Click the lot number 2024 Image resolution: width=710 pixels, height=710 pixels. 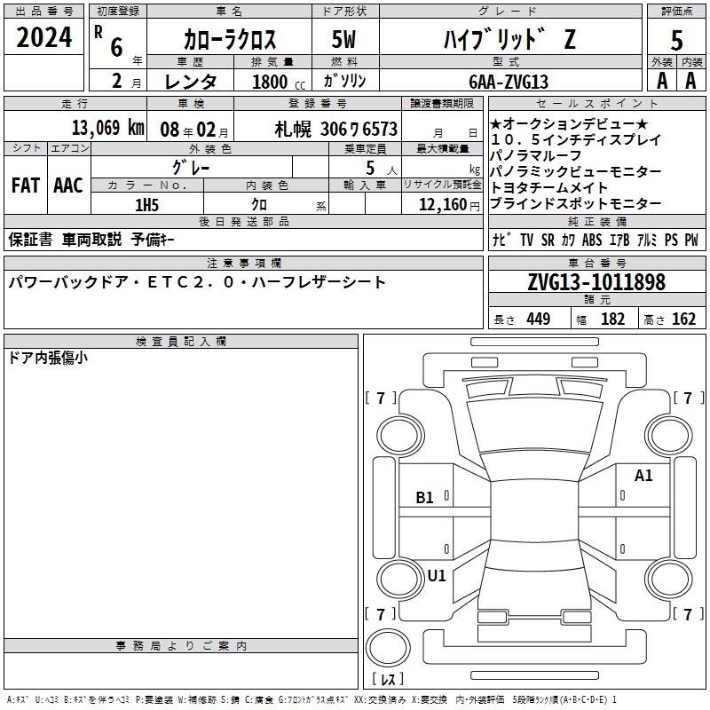tap(43, 37)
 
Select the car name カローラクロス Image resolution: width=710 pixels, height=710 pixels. tap(230, 39)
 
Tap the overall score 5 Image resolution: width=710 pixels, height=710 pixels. tap(676, 40)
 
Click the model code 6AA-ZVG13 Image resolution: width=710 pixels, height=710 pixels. tap(509, 82)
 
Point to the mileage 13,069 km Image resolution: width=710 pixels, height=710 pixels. tap(108, 128)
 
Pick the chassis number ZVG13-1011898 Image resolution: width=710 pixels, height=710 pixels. tap(596, 282)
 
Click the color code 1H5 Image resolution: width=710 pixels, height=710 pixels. tap(146, 205)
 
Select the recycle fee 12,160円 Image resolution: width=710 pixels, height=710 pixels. tap(449, 205)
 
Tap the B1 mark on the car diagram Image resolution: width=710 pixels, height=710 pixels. tap(424, 498)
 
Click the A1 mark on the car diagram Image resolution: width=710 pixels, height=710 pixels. tap(643, 476)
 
